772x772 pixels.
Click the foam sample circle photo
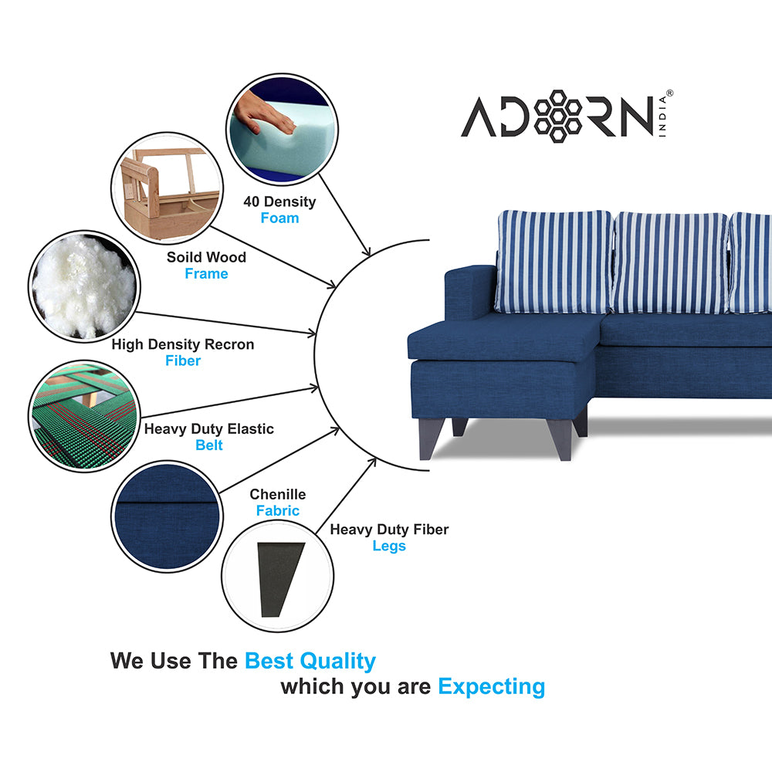282,130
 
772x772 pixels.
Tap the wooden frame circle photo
167,188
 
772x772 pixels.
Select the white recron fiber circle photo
84,286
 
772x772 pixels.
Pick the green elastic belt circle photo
84,416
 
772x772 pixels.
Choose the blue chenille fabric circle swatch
167,516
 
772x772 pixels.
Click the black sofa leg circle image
278,576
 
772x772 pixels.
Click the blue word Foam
279,218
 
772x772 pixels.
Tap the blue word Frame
206,274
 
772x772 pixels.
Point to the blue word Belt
209,445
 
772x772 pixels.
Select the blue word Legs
389,546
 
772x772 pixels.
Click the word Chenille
278,494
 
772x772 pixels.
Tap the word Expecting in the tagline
491,687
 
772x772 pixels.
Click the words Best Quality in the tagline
310,662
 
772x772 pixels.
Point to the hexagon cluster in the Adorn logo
558,117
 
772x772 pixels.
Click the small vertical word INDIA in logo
662,117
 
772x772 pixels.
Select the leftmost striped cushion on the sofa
554,262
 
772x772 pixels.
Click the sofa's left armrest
470,293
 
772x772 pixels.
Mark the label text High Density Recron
183,344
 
